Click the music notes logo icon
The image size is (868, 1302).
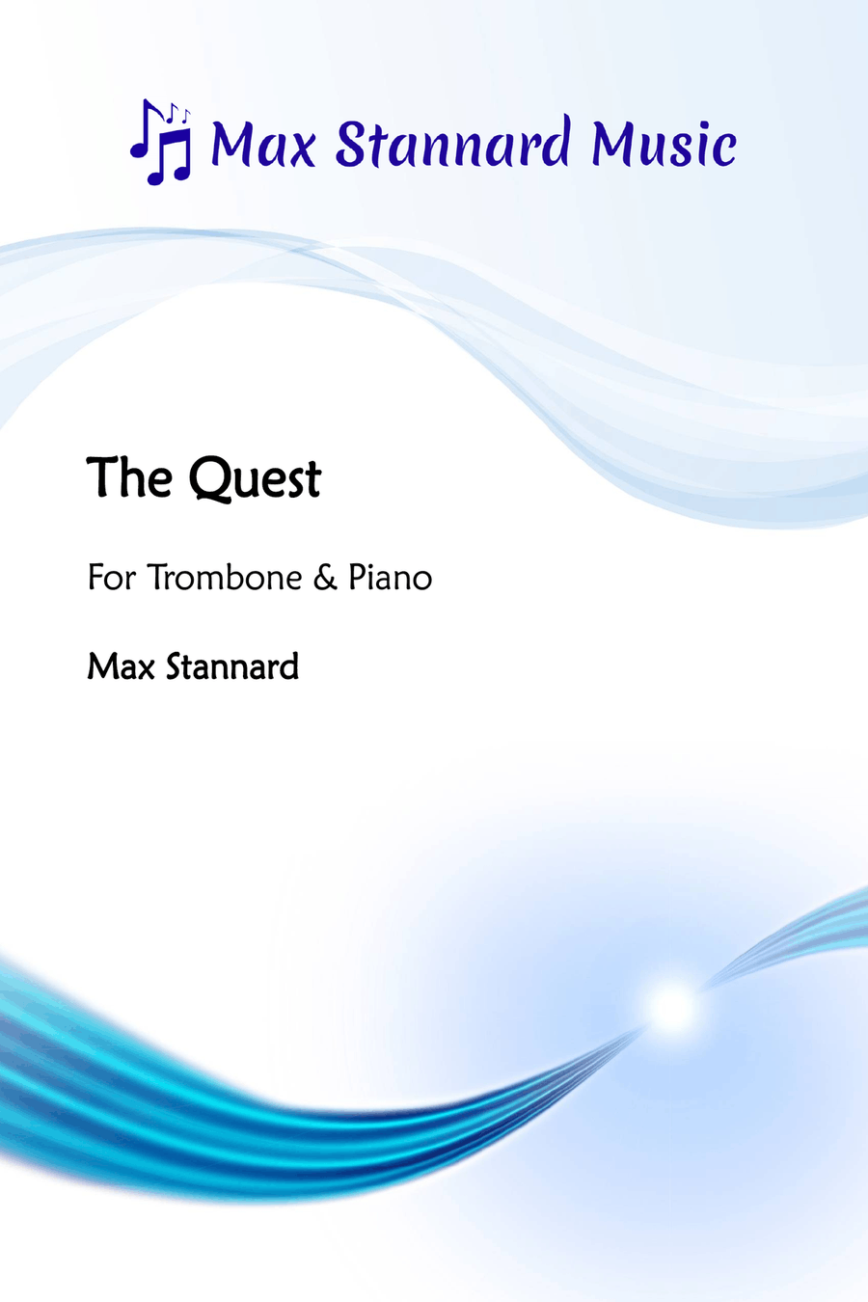[161, 142]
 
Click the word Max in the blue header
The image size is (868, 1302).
[263, 144]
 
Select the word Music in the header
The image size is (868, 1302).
[664, 143]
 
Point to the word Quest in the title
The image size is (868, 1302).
[255, 480]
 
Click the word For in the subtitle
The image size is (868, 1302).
[112, 578]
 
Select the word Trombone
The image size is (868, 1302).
[225, 578]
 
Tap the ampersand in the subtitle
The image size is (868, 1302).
[326, 579]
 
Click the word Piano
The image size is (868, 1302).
[390, 578]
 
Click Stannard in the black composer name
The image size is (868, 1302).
[232, 666]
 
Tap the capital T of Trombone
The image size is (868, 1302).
[158, 578]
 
